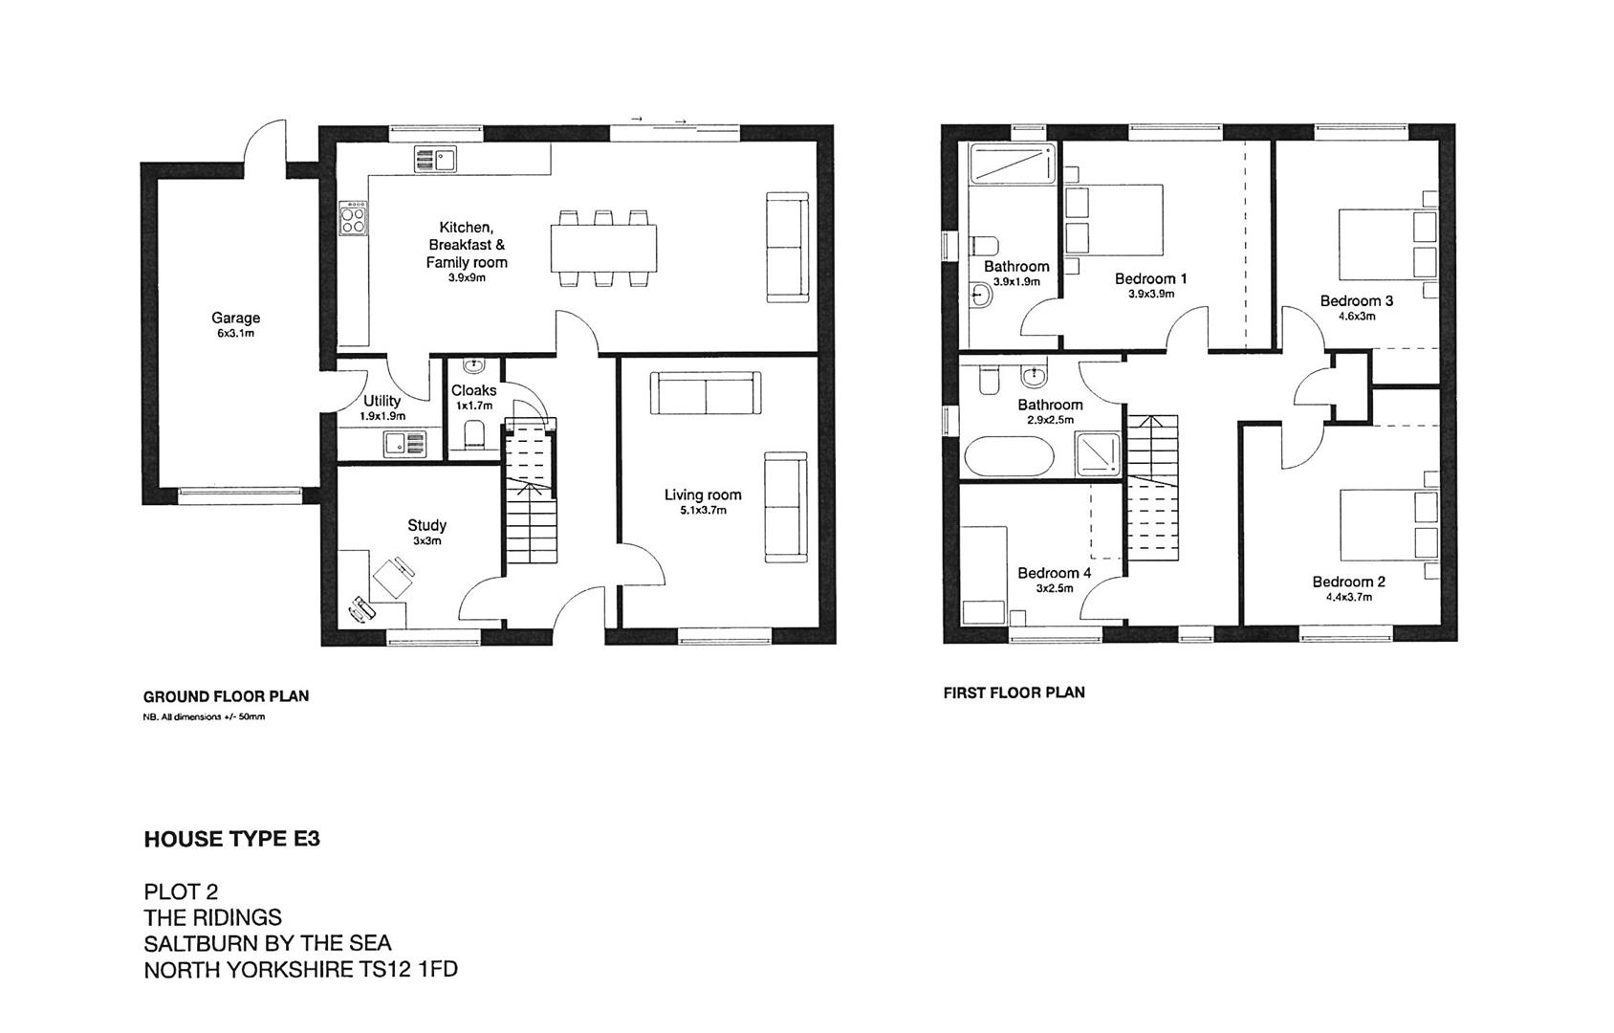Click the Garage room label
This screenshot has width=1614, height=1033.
click(235, 318)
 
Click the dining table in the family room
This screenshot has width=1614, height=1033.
click(603, 249)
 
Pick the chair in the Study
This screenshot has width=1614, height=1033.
click(394, 579)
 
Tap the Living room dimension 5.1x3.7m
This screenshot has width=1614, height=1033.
click(702, 511)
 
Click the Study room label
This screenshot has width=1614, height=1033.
click(426, 525)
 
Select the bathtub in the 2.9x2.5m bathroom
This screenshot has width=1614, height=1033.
click(1009, 456)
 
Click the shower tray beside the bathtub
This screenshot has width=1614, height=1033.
click(1100, 453)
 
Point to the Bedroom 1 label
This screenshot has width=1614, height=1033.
click(1150, 278)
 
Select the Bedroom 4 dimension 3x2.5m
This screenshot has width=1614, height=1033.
click(1054, 588)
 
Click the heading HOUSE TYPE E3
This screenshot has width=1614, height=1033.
click(232, 839)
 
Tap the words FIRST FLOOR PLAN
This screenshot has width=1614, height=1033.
click(1014, 692)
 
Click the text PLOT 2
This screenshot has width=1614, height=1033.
click(181, 891)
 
